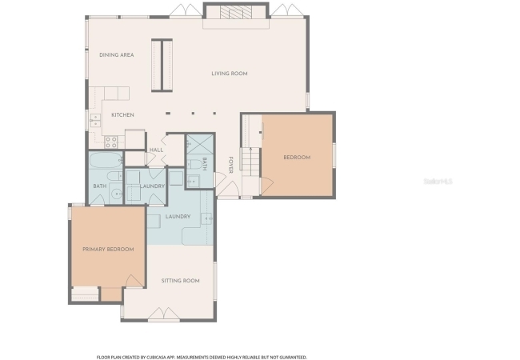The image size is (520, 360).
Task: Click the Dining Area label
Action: click(x=117, y=55)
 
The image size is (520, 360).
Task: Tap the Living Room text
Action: click(x=230, y=74)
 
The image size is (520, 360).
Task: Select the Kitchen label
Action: click(x=122, y=115)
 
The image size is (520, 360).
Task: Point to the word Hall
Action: click(x=156, y=150)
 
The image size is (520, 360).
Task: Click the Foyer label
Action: click(x=230, y=165)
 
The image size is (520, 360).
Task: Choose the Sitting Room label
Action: click(x=181, y=281)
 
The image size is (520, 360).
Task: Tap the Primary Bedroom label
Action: click(x=108, y=250)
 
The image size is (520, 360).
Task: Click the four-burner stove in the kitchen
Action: click(x=110, y=142)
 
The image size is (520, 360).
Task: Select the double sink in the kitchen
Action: click(x=95, y=120)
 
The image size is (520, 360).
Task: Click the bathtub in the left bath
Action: click(x=106, y=160)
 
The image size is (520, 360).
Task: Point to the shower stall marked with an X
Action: click(x=200, y=144)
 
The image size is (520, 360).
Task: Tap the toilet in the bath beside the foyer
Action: click(x=194, y=165)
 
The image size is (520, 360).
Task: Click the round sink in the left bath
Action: click(x=117, y=194)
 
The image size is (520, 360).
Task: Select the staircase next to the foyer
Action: click(x=250, y=162)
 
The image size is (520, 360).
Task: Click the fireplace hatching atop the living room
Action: click(x=236, y=13)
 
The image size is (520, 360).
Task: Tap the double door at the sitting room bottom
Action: click(x=164, y=314)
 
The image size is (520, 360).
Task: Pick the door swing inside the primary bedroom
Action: click(x=134, y=281)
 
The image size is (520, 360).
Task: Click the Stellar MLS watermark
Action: click(x=438, y=182)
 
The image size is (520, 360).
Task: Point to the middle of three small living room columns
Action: click(x=193, y=114)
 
